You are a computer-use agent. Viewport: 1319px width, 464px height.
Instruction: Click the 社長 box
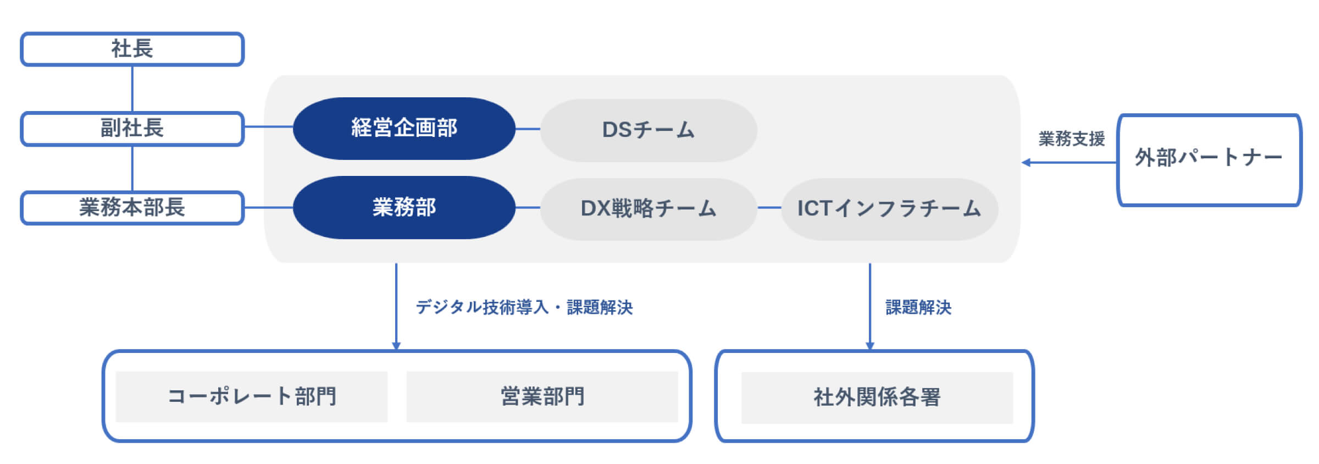[x=132, y=49]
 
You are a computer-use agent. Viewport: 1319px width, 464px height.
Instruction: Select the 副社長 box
[x=132, y=129]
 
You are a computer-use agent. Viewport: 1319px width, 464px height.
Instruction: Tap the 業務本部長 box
[x=132, y=208]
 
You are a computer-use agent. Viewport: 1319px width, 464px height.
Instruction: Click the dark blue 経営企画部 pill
[x=404, y=129]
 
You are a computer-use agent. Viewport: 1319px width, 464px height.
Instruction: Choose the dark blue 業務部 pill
[x=404, y=207]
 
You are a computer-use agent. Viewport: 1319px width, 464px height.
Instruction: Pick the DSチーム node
[x=649, y=130]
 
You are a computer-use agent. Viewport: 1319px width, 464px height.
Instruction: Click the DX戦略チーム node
[x=649, y=209]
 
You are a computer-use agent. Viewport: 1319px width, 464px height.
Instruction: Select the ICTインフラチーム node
[x=889, y=209]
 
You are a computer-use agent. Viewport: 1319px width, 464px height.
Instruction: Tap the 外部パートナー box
[x=1209, y=160]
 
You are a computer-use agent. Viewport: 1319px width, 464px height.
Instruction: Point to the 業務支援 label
[x=1071, y=139]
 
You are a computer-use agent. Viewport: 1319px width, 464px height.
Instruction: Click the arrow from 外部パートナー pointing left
[x=1069, y=162]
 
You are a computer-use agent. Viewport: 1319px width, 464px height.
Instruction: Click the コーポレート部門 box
[x=252, y=396]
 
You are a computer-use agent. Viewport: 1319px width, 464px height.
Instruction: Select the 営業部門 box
[x=542, y=396]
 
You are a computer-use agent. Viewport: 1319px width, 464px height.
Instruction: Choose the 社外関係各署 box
[x=877, y=397]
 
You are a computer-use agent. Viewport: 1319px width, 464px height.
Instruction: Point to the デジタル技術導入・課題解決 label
[x=524, y=307]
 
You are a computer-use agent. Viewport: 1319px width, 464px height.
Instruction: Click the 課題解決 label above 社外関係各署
[x=918, y=307]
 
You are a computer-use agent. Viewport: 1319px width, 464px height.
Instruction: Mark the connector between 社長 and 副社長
[x=132, y=89]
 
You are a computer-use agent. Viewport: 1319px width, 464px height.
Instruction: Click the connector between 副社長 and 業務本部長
[x=132, y=168]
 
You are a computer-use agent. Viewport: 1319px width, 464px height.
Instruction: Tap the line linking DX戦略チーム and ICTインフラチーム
[x=769, y=208]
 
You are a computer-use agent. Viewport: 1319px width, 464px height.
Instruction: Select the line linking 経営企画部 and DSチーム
[x=528, y=129]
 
